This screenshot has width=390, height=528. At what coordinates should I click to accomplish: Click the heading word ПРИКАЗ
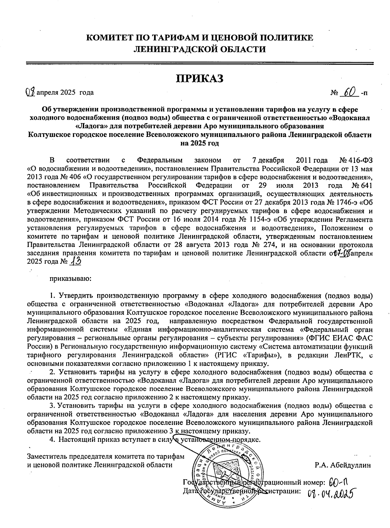200,78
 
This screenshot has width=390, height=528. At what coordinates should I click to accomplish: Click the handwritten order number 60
349,92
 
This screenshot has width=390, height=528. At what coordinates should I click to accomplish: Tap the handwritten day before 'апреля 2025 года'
30,92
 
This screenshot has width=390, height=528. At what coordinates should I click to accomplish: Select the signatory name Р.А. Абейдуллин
343,465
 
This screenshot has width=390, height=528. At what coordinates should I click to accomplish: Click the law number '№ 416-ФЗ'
356,160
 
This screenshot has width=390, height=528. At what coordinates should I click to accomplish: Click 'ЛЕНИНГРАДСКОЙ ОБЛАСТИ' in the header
200,49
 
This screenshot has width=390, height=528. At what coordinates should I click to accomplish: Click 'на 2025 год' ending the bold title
200,143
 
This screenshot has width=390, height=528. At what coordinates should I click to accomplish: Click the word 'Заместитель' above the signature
48,456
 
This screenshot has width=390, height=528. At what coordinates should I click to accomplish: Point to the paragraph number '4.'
51,440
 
